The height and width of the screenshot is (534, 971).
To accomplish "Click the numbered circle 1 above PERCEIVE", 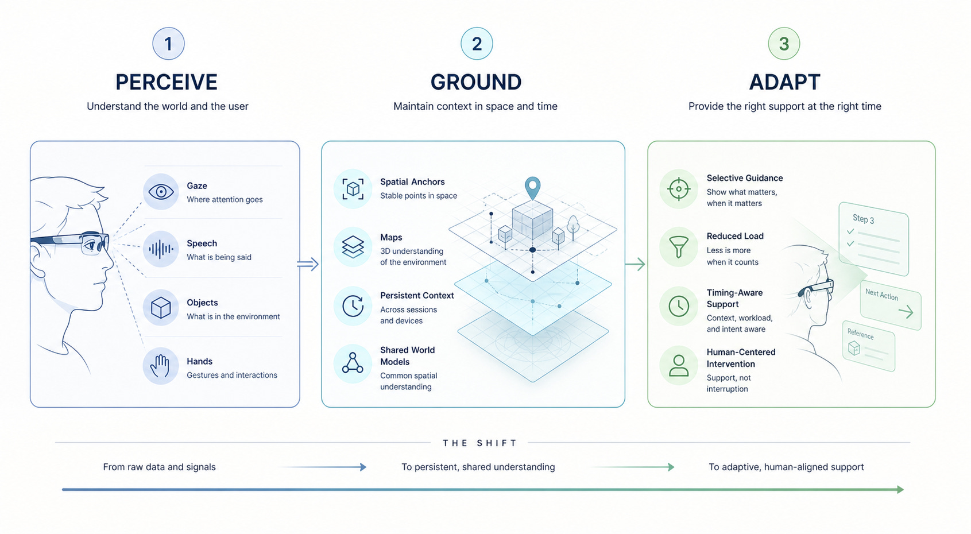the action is click(x=168, y=43).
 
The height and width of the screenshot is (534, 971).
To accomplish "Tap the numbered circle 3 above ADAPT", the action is click(x=784, y=43).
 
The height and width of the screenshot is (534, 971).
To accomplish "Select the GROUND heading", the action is click(x=476, y=82).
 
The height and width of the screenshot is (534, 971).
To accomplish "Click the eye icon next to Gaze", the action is click(x=161, y=192).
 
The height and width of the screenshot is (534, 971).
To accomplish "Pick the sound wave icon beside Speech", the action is click(x=161, y=249).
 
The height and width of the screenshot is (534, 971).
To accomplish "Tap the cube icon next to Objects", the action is click(x=161, y=308).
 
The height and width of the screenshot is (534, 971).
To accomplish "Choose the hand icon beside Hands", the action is click(x=160, y=366).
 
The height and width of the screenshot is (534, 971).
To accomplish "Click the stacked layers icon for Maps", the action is click(x=353, y=247).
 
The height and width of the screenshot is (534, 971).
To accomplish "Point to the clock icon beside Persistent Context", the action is click(x=353, y=306).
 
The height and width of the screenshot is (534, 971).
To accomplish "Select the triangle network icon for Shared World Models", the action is click(x=353, y=363).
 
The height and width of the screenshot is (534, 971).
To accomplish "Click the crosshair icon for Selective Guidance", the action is click(x=678, y=189).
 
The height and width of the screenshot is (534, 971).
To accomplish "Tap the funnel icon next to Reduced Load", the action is click(x=678, y=247).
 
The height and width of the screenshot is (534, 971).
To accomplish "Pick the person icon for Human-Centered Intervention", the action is click(x=678, y=365).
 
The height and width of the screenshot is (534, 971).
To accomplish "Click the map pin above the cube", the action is click(x=532, y=188).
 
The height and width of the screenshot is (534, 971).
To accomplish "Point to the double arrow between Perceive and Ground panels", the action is click(x=308, y=264).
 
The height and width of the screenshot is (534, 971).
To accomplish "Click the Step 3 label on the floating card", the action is click(x=863, y=219).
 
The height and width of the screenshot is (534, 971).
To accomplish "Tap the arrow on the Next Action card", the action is click(x=906, y=312).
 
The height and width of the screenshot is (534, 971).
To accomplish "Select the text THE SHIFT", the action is click(x=480, y=443).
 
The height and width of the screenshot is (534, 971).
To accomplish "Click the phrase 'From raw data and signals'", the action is click(x=159, y=467).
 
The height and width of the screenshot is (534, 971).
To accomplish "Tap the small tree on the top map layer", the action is click(x=573, y=227).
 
